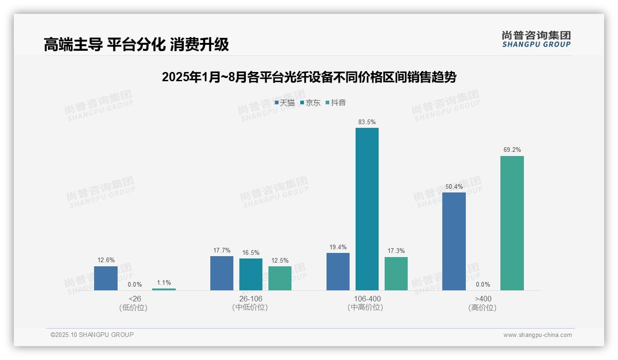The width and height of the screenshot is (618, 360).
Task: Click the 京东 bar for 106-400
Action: (367, 209)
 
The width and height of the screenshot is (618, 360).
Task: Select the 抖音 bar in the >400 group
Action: (512, 223)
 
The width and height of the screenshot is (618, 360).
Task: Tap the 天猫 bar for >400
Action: (454, 241)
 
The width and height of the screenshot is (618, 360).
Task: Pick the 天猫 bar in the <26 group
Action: (106, 278)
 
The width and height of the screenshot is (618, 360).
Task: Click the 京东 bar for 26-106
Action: (250, 274)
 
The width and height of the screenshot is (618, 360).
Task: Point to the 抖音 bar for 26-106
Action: (280, 278)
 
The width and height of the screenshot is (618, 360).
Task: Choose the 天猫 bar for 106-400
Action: (338, 271)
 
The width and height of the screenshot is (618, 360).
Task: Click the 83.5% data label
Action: (367, 122)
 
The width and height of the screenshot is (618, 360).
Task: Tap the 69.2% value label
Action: (512, 150)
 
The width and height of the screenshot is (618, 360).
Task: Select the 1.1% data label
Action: (164, 283)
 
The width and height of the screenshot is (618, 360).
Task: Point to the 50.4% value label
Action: (454, 186)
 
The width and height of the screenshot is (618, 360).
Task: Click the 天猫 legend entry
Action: (285, 103)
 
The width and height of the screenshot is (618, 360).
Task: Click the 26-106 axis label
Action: (250, 299)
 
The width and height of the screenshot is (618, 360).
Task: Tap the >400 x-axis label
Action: (482, 299)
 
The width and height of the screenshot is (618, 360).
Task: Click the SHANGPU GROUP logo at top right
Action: (536, 39)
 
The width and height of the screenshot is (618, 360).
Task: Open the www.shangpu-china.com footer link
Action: (537, 335)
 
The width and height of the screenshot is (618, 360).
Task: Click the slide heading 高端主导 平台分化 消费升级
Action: (136, 45)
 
